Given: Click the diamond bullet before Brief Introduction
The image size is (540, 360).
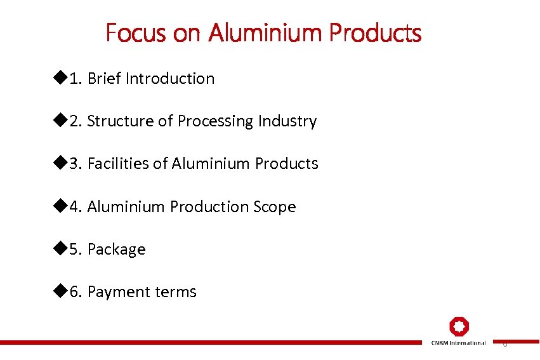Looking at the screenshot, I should coord(60,78).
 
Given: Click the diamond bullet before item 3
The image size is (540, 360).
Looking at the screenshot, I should coord(60,163).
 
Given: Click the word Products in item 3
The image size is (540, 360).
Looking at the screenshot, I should coord(286,164).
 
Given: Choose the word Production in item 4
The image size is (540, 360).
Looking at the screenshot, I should coord(212,207).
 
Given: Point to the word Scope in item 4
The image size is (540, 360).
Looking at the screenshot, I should coord(275,207).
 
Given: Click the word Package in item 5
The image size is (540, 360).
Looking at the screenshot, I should coord(117,250).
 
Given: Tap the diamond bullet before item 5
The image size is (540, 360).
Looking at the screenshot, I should coord(60,249).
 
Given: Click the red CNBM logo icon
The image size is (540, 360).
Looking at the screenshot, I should coord(459,326).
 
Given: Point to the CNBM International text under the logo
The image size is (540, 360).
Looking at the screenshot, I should coord(459,343).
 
